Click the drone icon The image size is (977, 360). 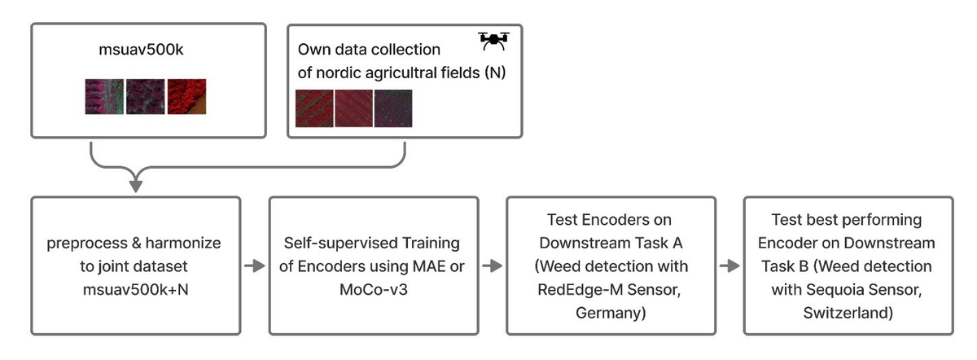493,41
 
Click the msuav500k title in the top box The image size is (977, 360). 141,50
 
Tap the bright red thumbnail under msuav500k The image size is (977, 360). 186,96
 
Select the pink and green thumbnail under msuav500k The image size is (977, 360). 104,96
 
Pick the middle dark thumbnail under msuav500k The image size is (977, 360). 145,96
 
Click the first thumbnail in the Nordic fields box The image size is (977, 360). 314,108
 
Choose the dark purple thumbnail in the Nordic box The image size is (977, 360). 393,108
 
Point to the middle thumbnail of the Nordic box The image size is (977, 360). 353,108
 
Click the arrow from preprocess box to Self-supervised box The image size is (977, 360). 254,266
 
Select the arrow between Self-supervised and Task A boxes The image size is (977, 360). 492,266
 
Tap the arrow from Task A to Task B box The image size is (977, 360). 729,266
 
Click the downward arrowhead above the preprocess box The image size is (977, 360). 136,186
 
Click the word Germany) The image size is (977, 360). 611,313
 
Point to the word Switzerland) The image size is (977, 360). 848,313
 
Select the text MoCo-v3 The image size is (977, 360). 374,290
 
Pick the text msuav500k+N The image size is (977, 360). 136,290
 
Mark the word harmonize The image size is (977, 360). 183,243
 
